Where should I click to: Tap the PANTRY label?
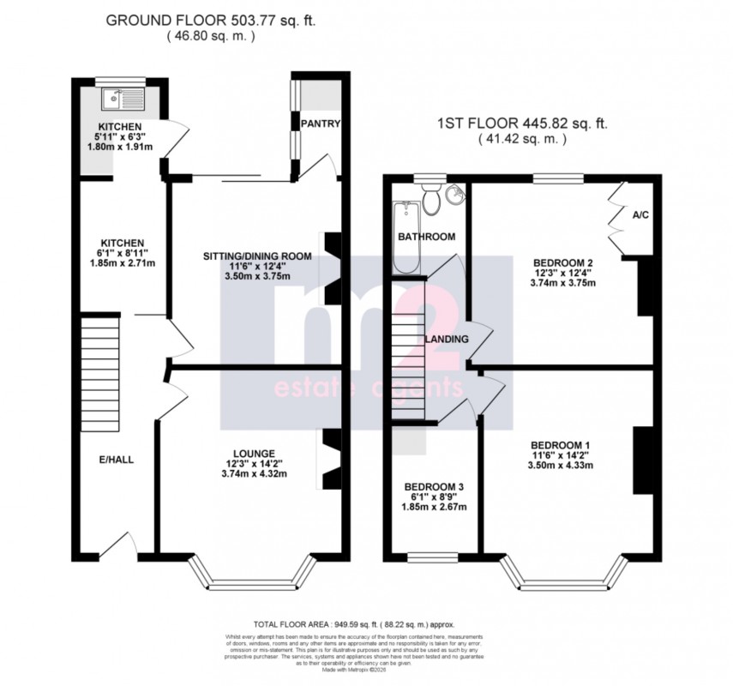pos(320,123)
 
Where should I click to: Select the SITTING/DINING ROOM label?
pos(257,256)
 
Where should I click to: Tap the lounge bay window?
pos(252,583)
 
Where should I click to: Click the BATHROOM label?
pos(426,236)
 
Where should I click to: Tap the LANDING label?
pos(447,339)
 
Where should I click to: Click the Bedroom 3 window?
pos(431,557)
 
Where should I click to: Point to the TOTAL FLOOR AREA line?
pos(353,624)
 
